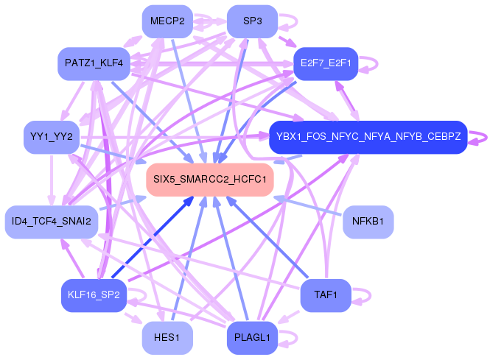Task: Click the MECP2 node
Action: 167,21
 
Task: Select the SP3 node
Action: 252,21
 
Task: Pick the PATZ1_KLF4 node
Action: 94,64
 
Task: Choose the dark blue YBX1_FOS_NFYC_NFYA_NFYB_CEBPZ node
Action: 368,137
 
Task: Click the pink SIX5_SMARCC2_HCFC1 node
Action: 210,180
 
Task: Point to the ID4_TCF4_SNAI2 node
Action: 51,222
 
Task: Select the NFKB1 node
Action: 368,222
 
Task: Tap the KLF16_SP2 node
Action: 94,294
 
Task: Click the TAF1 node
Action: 325,294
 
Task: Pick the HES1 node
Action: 167,337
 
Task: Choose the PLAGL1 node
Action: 252,337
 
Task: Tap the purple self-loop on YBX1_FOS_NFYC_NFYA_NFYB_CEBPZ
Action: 480,137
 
